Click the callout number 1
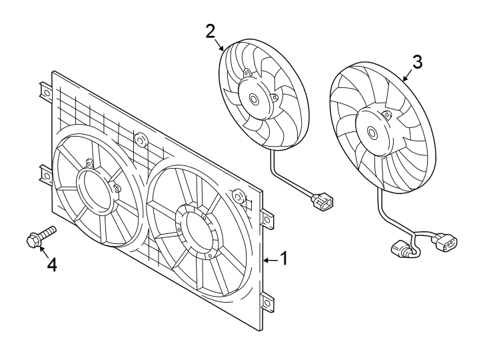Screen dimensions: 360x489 (x=283, y=258)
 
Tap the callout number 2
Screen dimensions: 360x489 (x=210, y=31)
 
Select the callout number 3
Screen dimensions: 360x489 (x=416, y=62)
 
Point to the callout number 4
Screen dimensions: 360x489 (x=51, y=265)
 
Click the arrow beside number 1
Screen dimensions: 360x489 (x=269, y=259)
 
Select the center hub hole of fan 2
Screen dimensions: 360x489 (x=254, y=99)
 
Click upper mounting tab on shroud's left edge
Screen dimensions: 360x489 (x=45, y=90)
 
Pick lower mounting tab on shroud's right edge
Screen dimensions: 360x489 (x=268, y=301)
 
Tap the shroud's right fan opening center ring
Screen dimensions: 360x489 (x=195, y=230)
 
